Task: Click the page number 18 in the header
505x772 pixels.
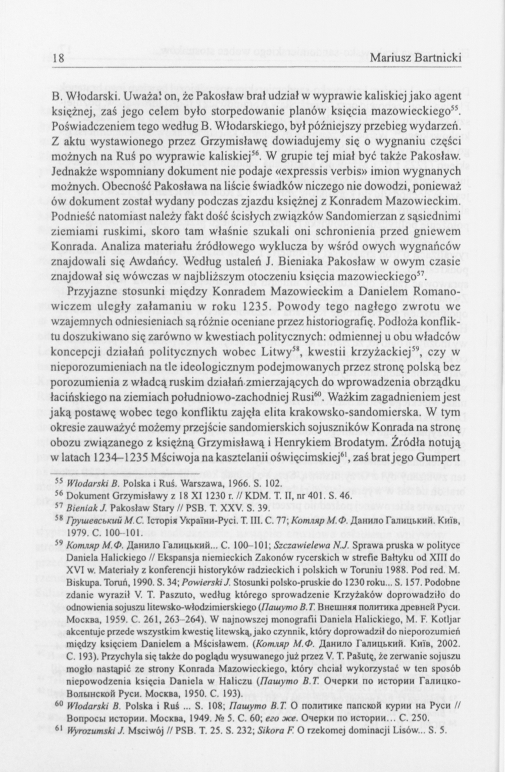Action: [x=58, y=59]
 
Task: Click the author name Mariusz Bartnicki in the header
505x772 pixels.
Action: [x=416, y=59]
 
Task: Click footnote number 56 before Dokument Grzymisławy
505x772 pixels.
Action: [x=57, y=494]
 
